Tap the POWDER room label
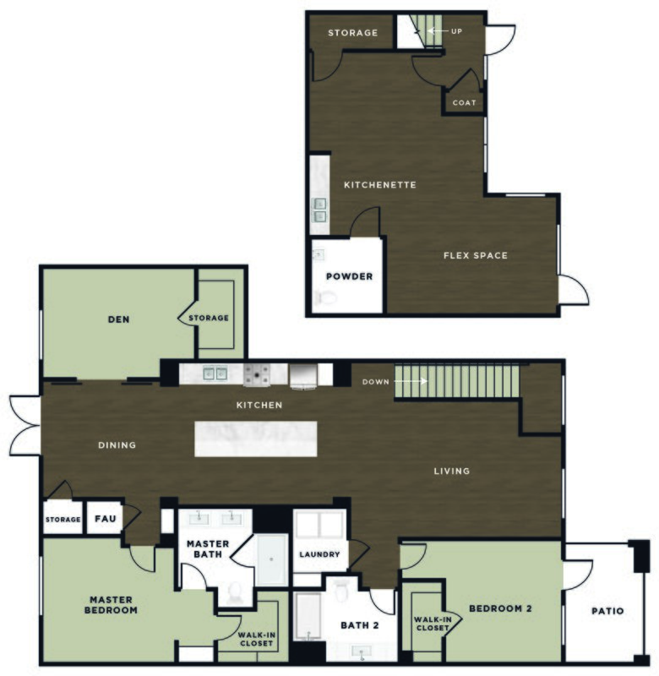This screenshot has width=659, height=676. point(349,275)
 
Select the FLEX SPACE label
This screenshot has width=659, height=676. point(476,255)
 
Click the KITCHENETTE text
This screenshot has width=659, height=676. point(379,184)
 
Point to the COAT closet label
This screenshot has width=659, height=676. point(465,103)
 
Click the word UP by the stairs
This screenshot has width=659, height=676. point(456,31)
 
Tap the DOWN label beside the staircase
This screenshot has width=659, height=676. point(376,382)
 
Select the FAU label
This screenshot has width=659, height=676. point(105,519)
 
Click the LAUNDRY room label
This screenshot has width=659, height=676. point(319,555)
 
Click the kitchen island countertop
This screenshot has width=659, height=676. point(256,439)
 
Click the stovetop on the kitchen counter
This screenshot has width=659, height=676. point(255,373)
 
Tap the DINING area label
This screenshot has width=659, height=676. point(117,445)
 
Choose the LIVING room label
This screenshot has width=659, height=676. point(451,471)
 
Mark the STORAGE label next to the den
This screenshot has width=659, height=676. point(209,318)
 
